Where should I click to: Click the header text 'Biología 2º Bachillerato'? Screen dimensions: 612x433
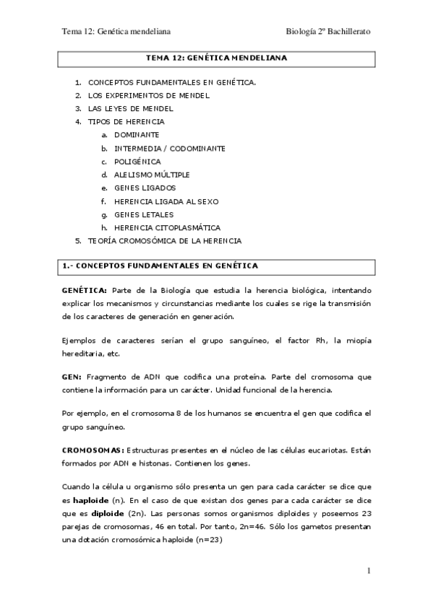(328, 32)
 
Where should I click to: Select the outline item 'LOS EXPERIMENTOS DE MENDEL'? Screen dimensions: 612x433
(149, 95)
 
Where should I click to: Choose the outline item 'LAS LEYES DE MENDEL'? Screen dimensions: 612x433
(131, 108)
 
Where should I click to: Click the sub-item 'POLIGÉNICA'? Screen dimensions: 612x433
(137, 162)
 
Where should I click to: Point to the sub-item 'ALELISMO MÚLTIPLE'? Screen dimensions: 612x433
(152, 175)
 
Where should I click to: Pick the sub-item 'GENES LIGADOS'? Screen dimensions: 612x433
(144, 188)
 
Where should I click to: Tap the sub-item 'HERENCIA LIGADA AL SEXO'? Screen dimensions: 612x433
(166, 201)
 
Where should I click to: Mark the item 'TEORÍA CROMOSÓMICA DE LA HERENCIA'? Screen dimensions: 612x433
(165, 240)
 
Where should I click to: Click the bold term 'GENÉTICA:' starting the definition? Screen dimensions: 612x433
(85, 289)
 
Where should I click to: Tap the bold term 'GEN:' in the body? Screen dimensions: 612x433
(72, 377)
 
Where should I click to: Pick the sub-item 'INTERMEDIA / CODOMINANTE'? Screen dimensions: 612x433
(170, 148)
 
